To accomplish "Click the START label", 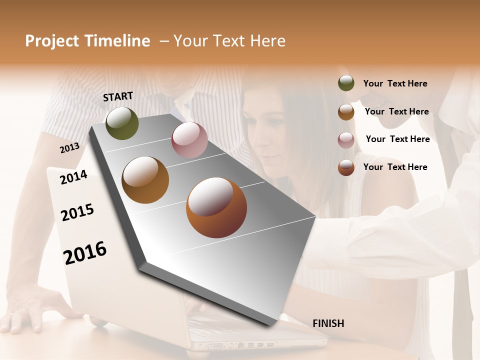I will [118, 96].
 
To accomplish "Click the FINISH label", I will [328, 323].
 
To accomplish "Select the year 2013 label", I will [69, 147].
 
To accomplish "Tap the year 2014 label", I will [73, 177].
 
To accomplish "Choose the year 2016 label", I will [85, 252].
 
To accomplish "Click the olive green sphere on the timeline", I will [122, 123].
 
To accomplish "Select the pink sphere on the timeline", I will [189, 140].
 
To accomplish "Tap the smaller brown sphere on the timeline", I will [145, 180].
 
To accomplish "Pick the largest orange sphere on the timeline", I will [216, 207].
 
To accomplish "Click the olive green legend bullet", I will [346, 83].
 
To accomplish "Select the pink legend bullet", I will [346, 140].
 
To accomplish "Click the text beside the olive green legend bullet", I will [395, 83].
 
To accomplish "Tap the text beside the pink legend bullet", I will [397, 139].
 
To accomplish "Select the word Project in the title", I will [51, 41].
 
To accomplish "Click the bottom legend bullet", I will [346, 167].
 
